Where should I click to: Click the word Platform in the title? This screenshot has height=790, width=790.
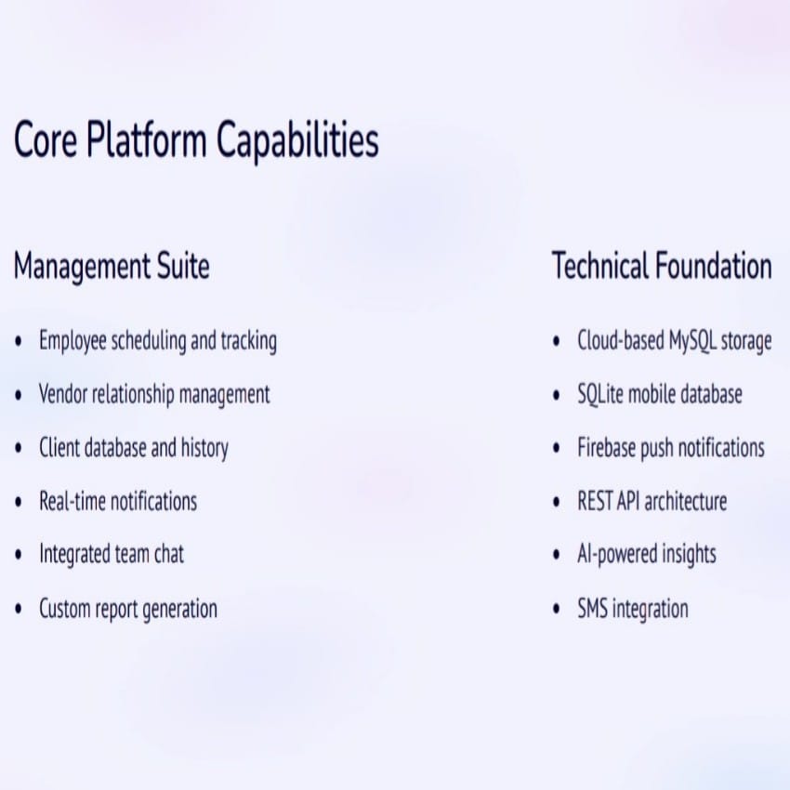[146, 139]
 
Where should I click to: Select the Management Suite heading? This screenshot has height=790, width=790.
[112, 266]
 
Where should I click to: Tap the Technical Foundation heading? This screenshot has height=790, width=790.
[662, 266]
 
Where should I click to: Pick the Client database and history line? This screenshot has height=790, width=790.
[134, 448]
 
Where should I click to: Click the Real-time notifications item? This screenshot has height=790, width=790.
[118, 501]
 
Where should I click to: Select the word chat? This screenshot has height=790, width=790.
[169, 554]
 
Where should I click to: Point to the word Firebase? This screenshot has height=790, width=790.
[606, 448]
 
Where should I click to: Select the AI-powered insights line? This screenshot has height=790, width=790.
[647, 555]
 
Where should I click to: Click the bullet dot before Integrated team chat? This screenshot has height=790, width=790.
[19, 555]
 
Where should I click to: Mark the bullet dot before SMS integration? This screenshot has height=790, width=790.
[556, 609]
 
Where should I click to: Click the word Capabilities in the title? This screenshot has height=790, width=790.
[297, 139]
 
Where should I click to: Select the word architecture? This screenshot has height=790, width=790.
[685, 501]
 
